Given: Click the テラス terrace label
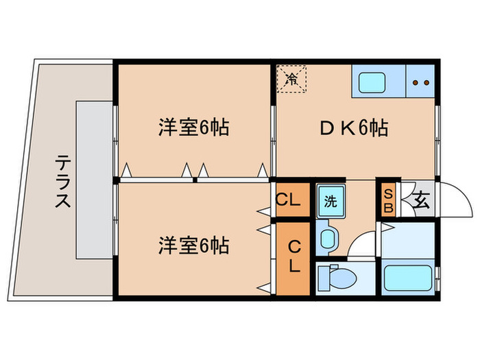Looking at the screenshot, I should point(62,181).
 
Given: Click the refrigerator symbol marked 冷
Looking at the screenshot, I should point(292,77).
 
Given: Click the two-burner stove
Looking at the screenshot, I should point(420,83).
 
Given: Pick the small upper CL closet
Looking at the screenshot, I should point(289,200).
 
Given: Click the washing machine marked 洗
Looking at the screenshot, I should point(331,202).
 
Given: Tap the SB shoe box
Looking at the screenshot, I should point(387,200).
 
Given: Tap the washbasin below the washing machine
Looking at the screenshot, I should point(330,238).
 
